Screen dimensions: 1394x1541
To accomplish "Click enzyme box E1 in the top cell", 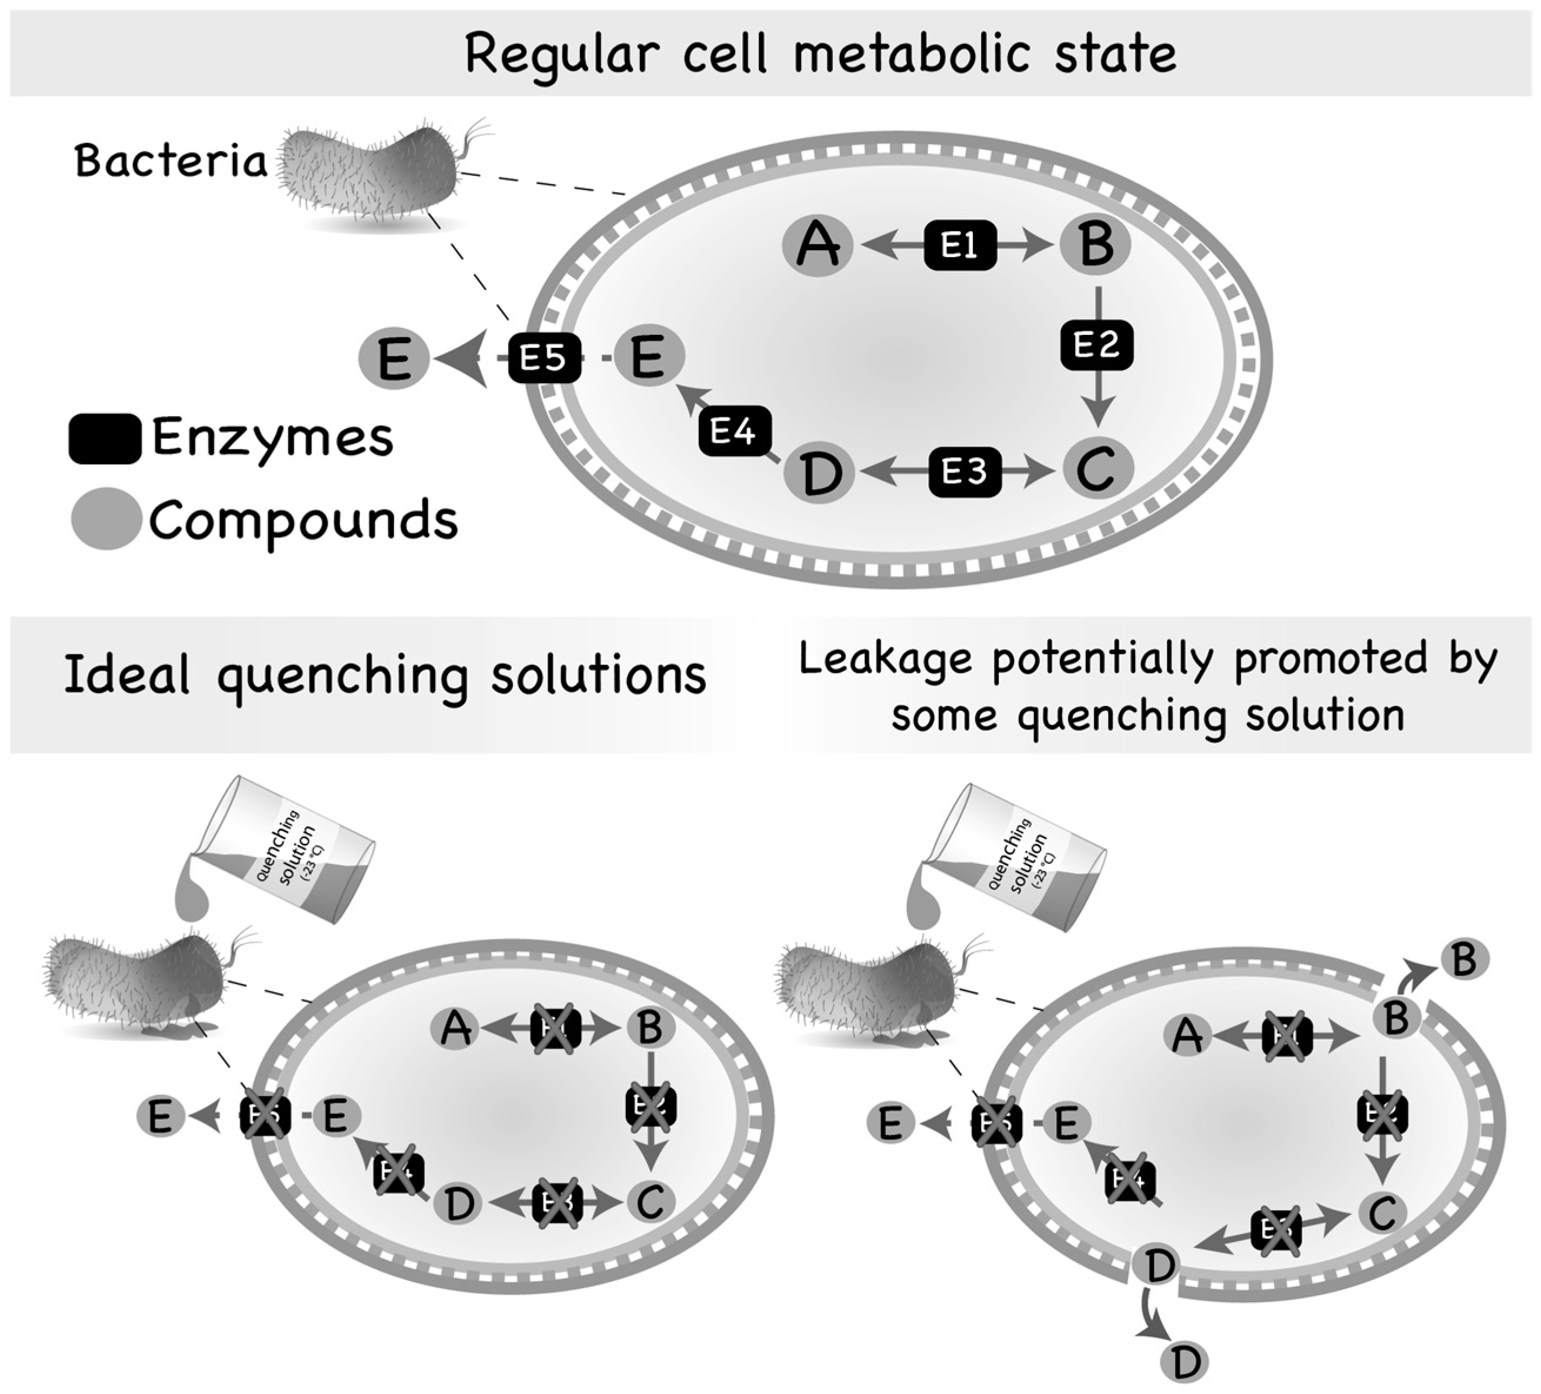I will point(959,245).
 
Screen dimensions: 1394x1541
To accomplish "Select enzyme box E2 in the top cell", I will point(1096,345).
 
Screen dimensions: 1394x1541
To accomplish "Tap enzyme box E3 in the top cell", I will point(964,472).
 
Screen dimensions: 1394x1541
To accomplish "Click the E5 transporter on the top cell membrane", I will point(543,358).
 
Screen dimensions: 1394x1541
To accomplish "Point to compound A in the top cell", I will point(817,245).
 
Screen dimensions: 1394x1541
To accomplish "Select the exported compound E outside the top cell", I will point(393,358).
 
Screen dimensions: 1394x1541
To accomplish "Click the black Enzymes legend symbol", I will point(105,439).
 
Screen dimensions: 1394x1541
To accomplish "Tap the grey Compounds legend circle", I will point(105,519).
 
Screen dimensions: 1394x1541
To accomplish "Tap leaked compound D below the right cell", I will point(1184,1361).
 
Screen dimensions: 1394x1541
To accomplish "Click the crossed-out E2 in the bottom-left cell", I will point(651,1105).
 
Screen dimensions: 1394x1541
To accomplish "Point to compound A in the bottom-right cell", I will point(1186,1036).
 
